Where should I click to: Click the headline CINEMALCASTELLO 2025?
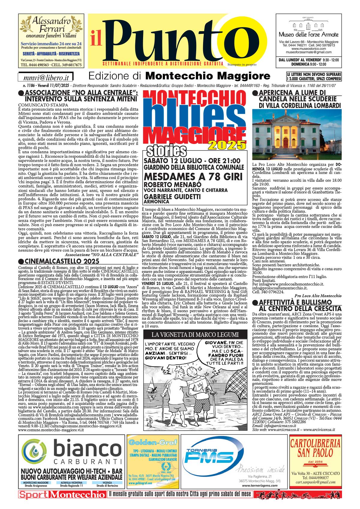[62, 261]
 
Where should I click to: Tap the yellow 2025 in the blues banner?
[227, 145]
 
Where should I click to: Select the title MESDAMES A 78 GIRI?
[193, 177]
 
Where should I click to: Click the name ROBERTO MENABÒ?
[172, 184]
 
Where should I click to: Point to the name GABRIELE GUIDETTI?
[172, 196]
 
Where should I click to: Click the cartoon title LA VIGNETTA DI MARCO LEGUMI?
[195, 334]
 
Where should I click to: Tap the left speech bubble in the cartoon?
[170, 351]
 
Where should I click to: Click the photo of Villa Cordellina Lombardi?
[297, 134]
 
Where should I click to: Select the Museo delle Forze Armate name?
[308, 34]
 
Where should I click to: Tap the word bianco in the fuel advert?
[87, 449]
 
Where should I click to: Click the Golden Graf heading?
[153, 442]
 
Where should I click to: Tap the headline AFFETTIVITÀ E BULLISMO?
[295, 302]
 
